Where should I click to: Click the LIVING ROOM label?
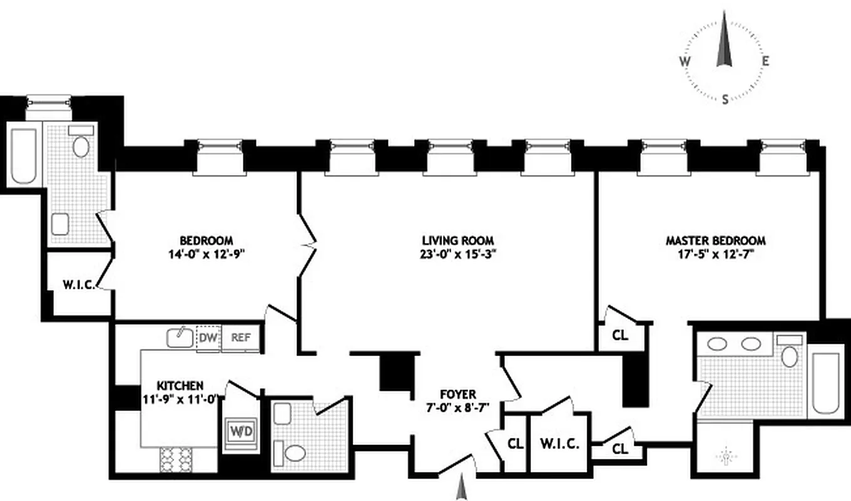click(457, 240)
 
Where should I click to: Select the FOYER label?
click(457, 394)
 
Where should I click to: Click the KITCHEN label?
click(180, 385)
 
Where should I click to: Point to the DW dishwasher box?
click(208, 338)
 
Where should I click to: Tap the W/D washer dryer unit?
click(241, 431)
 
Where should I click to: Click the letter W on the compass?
click(685, 61)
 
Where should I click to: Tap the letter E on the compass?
click(765, 61)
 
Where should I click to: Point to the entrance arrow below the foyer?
click(462, 485)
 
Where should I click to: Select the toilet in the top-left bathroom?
click(81, 147)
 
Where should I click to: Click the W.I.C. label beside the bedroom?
click(79, 286)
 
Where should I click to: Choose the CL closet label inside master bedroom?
click(619, 335)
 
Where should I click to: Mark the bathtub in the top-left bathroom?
click(23, 157)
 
